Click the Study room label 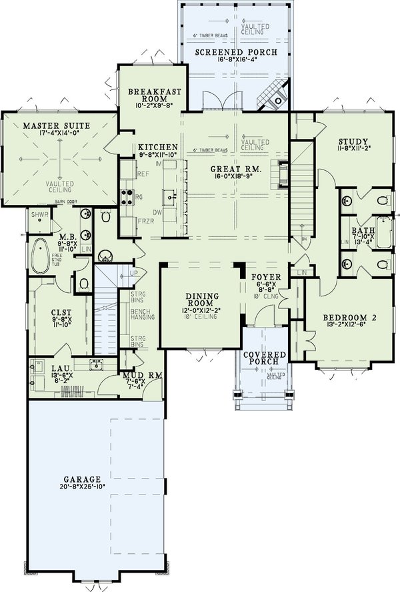coord(353,141)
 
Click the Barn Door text coord(82,200)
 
